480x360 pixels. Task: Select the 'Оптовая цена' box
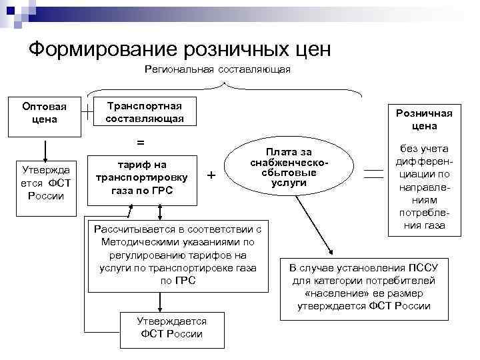[x=44, y=113]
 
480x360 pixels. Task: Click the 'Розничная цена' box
[x=425, y=119]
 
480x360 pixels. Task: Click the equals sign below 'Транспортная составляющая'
[x=140, y=143]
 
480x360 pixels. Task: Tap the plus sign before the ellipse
[x=212, y=175]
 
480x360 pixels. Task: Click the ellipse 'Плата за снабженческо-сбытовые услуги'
[x=289, y=167]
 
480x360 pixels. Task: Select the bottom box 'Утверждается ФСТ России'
[x=171, y=327]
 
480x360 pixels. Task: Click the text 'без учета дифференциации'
[x=425, y=187]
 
